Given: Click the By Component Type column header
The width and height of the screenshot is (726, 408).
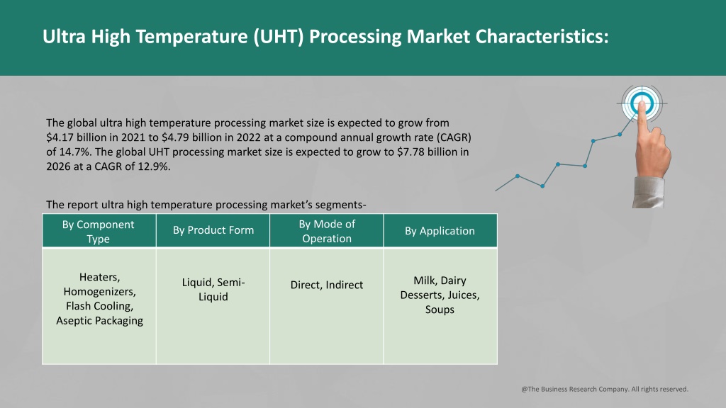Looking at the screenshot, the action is tap(99, 230).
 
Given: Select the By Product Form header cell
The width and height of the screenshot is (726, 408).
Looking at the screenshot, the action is tap(213, 230).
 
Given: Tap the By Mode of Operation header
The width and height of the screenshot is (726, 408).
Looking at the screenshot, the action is tap(326, 230).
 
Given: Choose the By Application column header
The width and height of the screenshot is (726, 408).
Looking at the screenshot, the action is tap(440, 230).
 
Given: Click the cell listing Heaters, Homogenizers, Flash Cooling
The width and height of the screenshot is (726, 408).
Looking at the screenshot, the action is tap(99, 306).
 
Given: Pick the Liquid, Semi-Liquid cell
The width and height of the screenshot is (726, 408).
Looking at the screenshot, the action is tap(213, 306).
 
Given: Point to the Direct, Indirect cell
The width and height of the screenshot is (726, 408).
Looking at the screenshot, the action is tap(326, 306).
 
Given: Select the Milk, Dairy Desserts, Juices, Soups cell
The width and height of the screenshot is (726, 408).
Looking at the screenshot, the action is tap(440, 306).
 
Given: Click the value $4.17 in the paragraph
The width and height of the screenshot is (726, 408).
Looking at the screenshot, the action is tap(60, 137).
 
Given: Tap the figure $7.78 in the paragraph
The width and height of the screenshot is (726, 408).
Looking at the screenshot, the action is tap(411, 152).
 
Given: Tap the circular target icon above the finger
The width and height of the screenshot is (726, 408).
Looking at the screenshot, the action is tap(642, 103).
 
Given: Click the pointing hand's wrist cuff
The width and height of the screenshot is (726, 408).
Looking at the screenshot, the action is tap(648, 192).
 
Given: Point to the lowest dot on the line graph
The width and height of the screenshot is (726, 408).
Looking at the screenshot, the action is tap(542, 186).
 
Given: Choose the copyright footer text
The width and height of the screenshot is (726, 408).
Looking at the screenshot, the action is tap(605, 389).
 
